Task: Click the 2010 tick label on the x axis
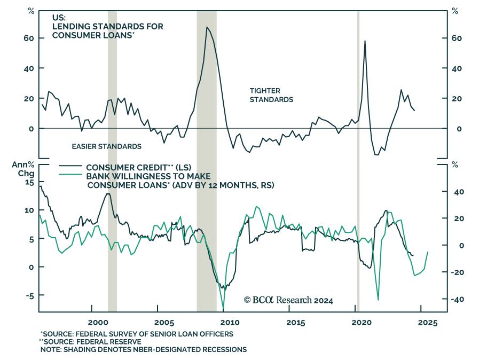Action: (230, 323)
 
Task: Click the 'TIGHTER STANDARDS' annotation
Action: (271, 95)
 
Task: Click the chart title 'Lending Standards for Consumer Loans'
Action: (107, 26)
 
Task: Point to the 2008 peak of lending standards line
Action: (207, 27)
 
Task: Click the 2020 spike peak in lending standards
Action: (365, 41)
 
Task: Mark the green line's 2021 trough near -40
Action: (378, 300)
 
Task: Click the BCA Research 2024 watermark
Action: (288, 300)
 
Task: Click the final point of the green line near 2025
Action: (428, 252)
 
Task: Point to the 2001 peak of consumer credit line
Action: (108, 193)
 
